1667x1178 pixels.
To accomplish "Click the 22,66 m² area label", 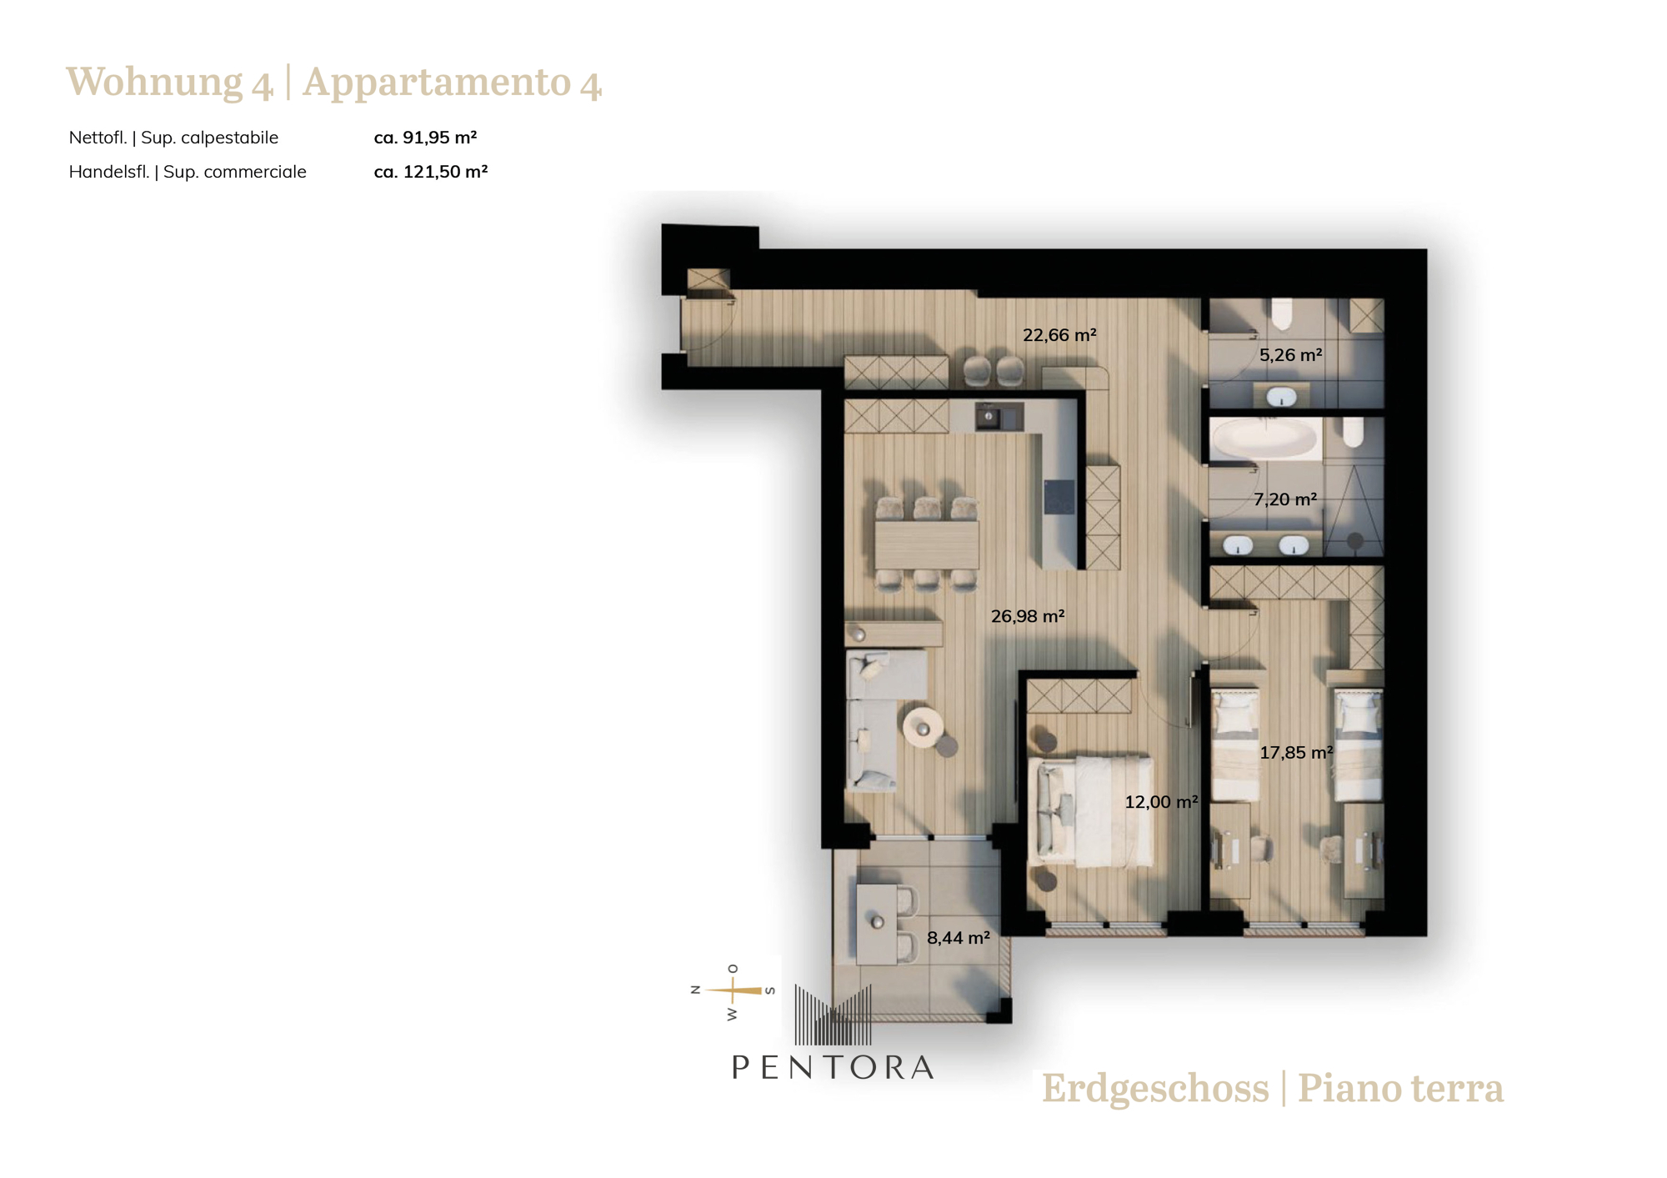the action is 1059,335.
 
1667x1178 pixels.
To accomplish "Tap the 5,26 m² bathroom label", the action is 1290,355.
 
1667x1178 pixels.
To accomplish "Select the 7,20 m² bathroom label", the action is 1285,499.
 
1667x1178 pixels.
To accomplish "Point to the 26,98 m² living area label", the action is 1028,616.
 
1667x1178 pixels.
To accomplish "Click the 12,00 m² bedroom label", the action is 1161,802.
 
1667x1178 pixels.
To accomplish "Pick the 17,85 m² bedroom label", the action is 1296,753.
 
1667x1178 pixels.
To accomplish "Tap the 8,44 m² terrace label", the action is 959,938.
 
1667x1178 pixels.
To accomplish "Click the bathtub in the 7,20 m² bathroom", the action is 1265,439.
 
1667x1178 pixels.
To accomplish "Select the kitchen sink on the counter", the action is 999,416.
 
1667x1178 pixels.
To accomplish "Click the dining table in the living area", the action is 926,545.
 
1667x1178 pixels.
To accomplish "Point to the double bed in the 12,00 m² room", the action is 1092,811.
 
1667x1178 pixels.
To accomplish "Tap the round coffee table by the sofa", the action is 923,729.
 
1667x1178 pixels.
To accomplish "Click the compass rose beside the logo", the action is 733,991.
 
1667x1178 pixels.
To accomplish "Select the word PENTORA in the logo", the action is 833,1068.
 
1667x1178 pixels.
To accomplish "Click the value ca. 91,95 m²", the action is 425,138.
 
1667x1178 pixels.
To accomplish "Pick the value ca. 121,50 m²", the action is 430,172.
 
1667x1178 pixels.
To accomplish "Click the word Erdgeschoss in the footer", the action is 1155,1089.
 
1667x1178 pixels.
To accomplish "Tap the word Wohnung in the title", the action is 154,83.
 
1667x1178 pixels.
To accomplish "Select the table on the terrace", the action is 877,925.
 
